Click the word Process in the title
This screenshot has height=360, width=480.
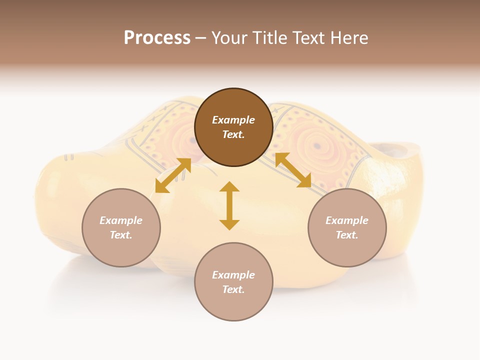tap(157, 38)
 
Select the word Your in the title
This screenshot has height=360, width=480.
tap(230, 38)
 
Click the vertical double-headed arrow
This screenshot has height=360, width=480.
tap(229, 205)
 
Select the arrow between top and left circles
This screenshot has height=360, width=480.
tap(173, 175)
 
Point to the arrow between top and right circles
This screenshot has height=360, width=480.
tap(293, 170)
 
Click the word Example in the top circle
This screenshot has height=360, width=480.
tap(233, 120)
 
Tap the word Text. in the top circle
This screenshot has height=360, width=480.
tap(233, 134)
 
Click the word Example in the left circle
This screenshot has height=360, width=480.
tap(121, 220)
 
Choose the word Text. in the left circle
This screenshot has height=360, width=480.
tap(121, 235)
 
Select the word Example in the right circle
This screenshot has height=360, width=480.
tap(347, 220)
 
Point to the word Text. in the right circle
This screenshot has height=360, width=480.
tap(347, 235)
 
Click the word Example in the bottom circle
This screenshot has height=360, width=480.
tap(233, 275)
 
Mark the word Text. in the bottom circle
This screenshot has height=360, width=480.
tap(233, 289)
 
